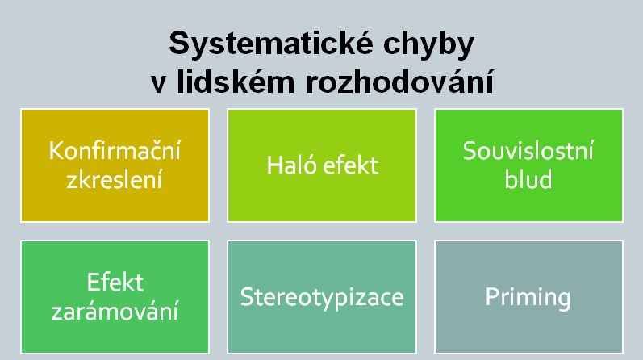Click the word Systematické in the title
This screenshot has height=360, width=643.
(x=271, y=44)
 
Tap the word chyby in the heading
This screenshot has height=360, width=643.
(x=428, y=44)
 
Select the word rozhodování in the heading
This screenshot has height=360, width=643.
(x=400, y=82)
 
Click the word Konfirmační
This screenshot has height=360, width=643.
(x=115, y=150)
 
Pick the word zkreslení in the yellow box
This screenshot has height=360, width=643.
(x=115, y=179)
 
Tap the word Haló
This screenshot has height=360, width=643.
(x=291, y=165)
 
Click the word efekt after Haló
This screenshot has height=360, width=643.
(x=351, y=165)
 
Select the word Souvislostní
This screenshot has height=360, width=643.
(x=528, y=150)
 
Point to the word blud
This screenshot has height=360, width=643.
(x=528, y=179)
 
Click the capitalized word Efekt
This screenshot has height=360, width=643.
(x=115, y=282)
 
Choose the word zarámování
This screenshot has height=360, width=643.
(x=115, y=311)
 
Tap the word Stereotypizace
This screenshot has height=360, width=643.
(x=322, y=297)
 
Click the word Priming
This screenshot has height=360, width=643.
(x=528, y=297)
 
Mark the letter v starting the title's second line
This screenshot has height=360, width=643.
(x=158, y=84)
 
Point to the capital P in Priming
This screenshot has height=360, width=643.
(x=492, y=296)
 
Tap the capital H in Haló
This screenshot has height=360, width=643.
(x=275, y=165)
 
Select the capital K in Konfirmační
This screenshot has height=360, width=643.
(x=56, y=151)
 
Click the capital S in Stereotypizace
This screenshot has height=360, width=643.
(x=247, y=297)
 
